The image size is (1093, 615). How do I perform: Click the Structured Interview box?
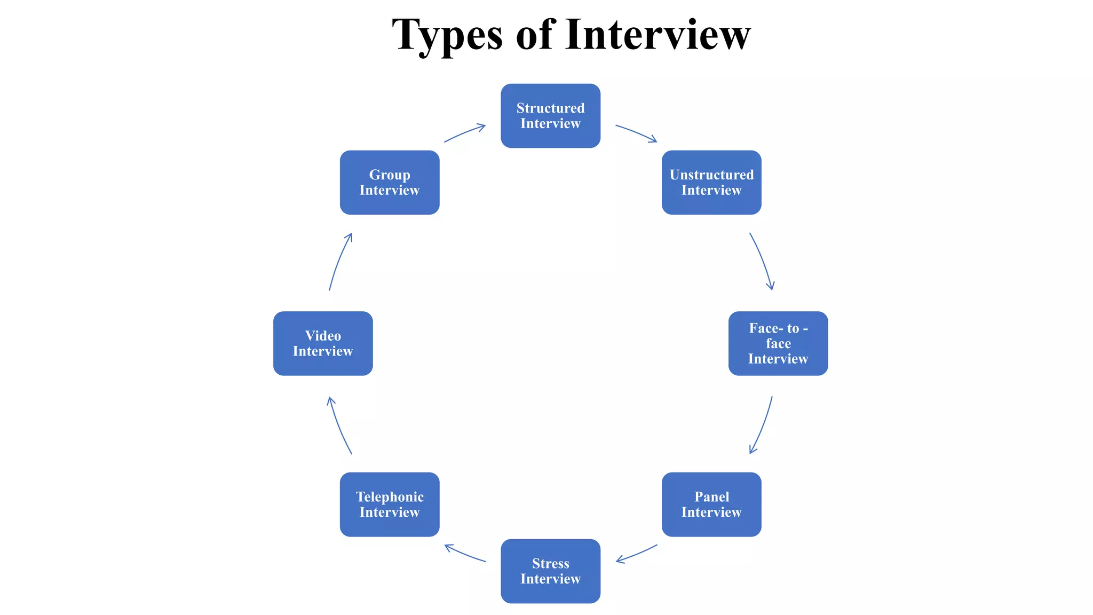coord(550,116)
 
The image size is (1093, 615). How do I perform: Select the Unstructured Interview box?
coord(711,183)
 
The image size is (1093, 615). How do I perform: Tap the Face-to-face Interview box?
coord(778,343)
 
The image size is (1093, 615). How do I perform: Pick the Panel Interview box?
coord(711,504)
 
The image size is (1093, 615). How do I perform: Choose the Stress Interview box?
coord(550,571)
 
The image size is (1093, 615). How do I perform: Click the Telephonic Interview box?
coord(390,504)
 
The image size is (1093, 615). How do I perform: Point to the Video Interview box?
coord(323,343)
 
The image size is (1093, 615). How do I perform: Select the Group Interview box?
coord(390,183)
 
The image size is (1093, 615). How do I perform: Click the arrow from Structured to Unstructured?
coord(637,132)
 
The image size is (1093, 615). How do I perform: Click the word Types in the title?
coord(447,35)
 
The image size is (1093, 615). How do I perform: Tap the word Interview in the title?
coord(658,35)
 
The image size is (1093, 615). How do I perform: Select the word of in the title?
coord(535,35)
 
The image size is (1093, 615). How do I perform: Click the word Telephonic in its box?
coord(390,497)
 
